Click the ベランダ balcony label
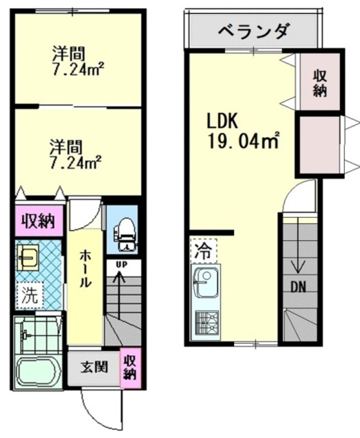click(254, 31)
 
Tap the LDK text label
click(222, 121)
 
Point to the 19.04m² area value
click(244, 142)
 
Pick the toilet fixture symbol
click(125, 231)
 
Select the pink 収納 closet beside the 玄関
click(129, 365)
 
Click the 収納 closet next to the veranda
click(320, 83)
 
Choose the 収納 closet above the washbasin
click(38, 221)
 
